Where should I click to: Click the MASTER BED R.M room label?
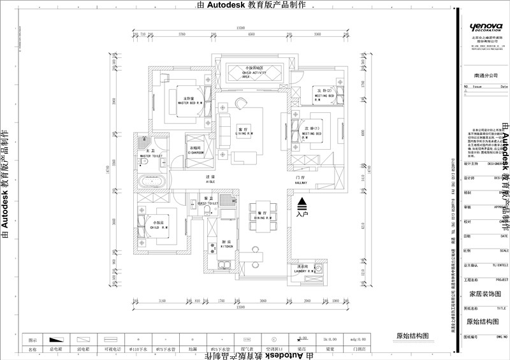[x=189, y=102]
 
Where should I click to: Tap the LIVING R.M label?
[x=241, y=133]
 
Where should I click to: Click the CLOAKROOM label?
[x=195, y=152]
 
